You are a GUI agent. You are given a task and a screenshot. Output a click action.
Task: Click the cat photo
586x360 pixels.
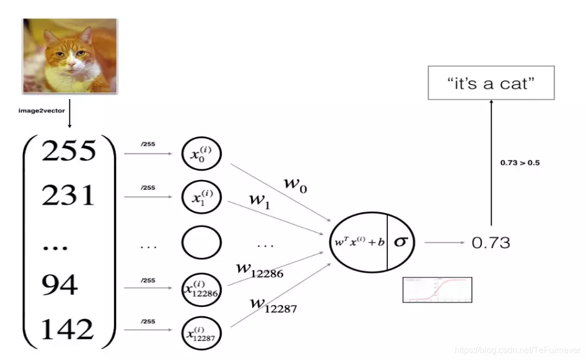pyautogui.click(x=69, y=55)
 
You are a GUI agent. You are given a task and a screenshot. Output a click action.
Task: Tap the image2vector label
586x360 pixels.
pyautogui.click(x=41, y=111)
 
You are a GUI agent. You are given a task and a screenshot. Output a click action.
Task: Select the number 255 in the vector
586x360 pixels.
pyautogui.click(x=68, y=151)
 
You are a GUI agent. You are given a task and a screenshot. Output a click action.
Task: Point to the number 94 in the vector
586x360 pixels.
pyautogui.click(x=59, y=284)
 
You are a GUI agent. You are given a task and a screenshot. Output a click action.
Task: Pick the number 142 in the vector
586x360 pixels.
pyautogui.click(x=67, y=329)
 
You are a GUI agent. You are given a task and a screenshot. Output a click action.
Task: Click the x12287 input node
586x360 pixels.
pyautogui.click(x=201, y=332)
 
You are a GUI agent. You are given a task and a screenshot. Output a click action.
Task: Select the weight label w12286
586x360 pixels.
pyautogui.click(x=259, y=269)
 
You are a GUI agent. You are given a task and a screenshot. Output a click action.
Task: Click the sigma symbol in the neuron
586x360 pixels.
pyautogui.click(x=400, y=242)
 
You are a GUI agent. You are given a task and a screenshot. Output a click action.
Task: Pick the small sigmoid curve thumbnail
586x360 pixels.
pyautogui.click(x=437, y=290)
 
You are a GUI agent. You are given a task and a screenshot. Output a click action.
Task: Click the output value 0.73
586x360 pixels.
pyautogui.click(x=491, y=242)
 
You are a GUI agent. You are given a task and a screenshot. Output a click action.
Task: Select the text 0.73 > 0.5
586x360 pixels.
pyautogui.click(x=520, y=163)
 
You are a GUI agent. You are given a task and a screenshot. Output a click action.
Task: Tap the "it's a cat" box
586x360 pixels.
pyautogui.click(x=491, y=82)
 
